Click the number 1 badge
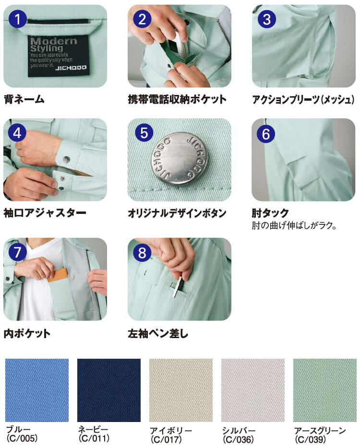click(x=18, y=20)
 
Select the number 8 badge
click(x=142, y=252)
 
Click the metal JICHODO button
click(x=179, y=158)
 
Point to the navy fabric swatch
click(x=109, y=390)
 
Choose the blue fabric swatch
click(x=36, y=390)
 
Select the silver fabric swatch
click(x=253, y=390)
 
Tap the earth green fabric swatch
click(x=325, y=390)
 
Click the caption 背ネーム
click(x=24, y=100)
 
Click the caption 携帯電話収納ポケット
click(x=177, y=100)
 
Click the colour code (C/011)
click(x=94, y=438)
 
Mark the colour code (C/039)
click(x=311, y=438)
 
